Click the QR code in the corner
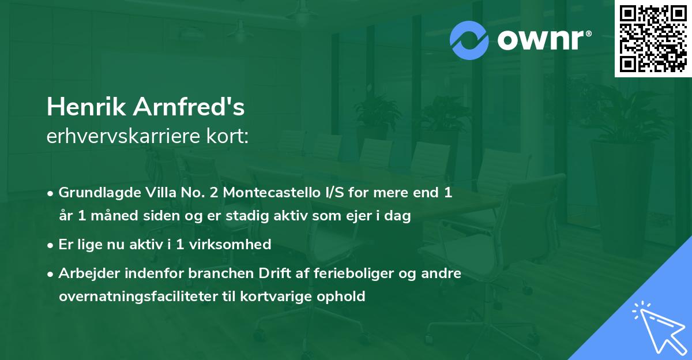[653, 38]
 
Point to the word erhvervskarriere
[115, 137]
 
